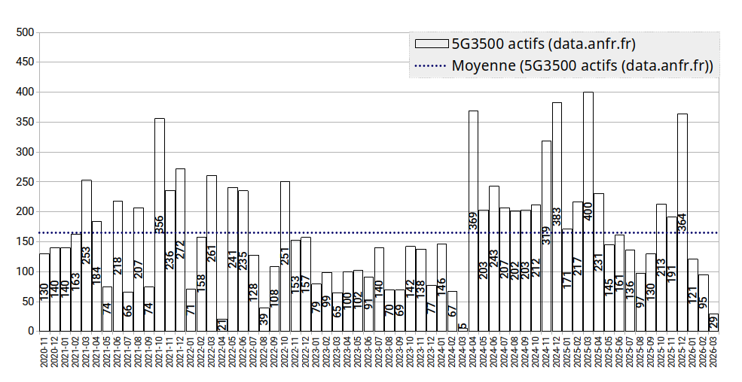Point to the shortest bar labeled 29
coord(713,323)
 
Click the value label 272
coord(181,255)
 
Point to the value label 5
coord(463,326)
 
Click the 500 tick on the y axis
coord(25,32)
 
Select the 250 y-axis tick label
coord(25,181)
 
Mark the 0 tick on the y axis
coord(31,331)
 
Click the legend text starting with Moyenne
coord(582,65)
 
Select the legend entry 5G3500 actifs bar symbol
coord(429,43)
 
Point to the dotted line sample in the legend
coord(429,65)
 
